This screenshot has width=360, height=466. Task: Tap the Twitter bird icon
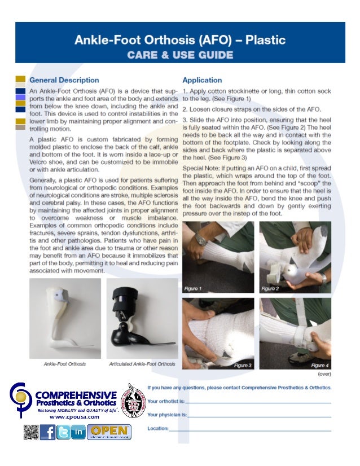[63, 432]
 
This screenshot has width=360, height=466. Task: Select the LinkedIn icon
[78, 432]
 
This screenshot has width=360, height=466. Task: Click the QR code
[32, 432]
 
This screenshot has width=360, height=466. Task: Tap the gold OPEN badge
[111, 432]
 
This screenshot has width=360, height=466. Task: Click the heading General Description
[64, 80]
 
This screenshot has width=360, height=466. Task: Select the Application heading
[201, 80]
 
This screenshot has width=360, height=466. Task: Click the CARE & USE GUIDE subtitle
[179, 55]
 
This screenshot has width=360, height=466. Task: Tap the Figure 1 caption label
[193, 289]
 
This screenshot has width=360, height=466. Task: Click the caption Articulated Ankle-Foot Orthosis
[142, 364]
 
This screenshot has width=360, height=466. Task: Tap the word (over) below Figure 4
[324, 373]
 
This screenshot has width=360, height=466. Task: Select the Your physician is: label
[167, 415]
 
